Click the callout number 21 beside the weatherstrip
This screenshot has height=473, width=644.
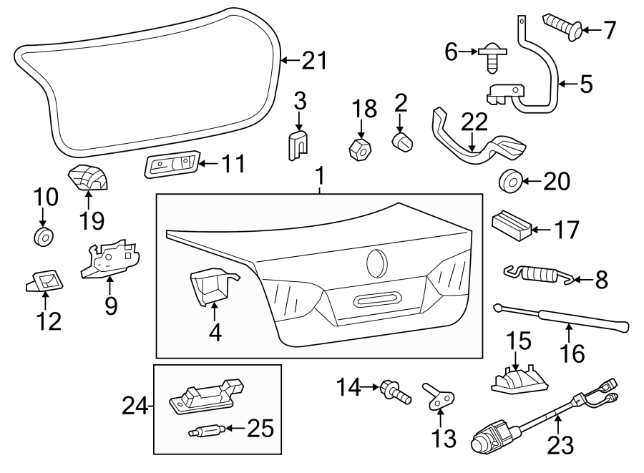coord(309,61)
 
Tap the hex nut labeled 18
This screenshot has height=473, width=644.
coord(361,150)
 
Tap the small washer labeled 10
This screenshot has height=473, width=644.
coord(44,236)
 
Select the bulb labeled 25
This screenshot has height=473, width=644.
coord(205,431)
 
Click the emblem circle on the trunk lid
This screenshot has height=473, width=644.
coord(378,263)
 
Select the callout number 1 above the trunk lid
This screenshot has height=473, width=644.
coord(321,176)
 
